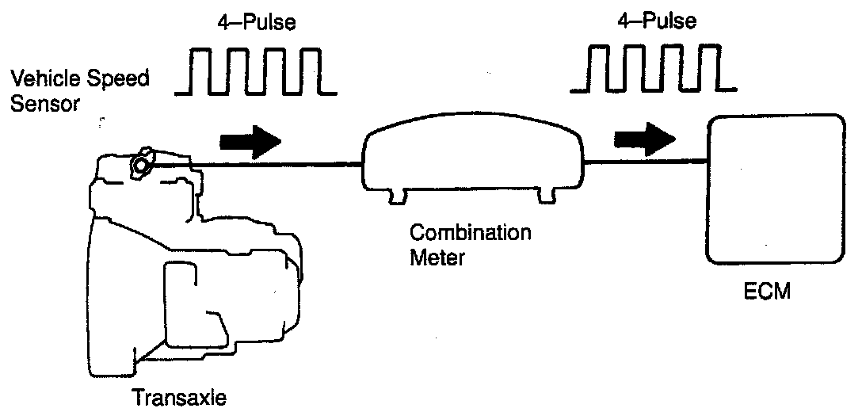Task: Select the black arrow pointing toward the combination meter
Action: click(x=250, y=141)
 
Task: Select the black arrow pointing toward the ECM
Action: click(x=645, y=139)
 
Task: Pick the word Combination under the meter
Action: click(x=471, y=234)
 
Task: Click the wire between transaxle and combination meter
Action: click(x=277, y=165)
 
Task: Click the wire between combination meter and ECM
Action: click(x=645, y=162)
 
